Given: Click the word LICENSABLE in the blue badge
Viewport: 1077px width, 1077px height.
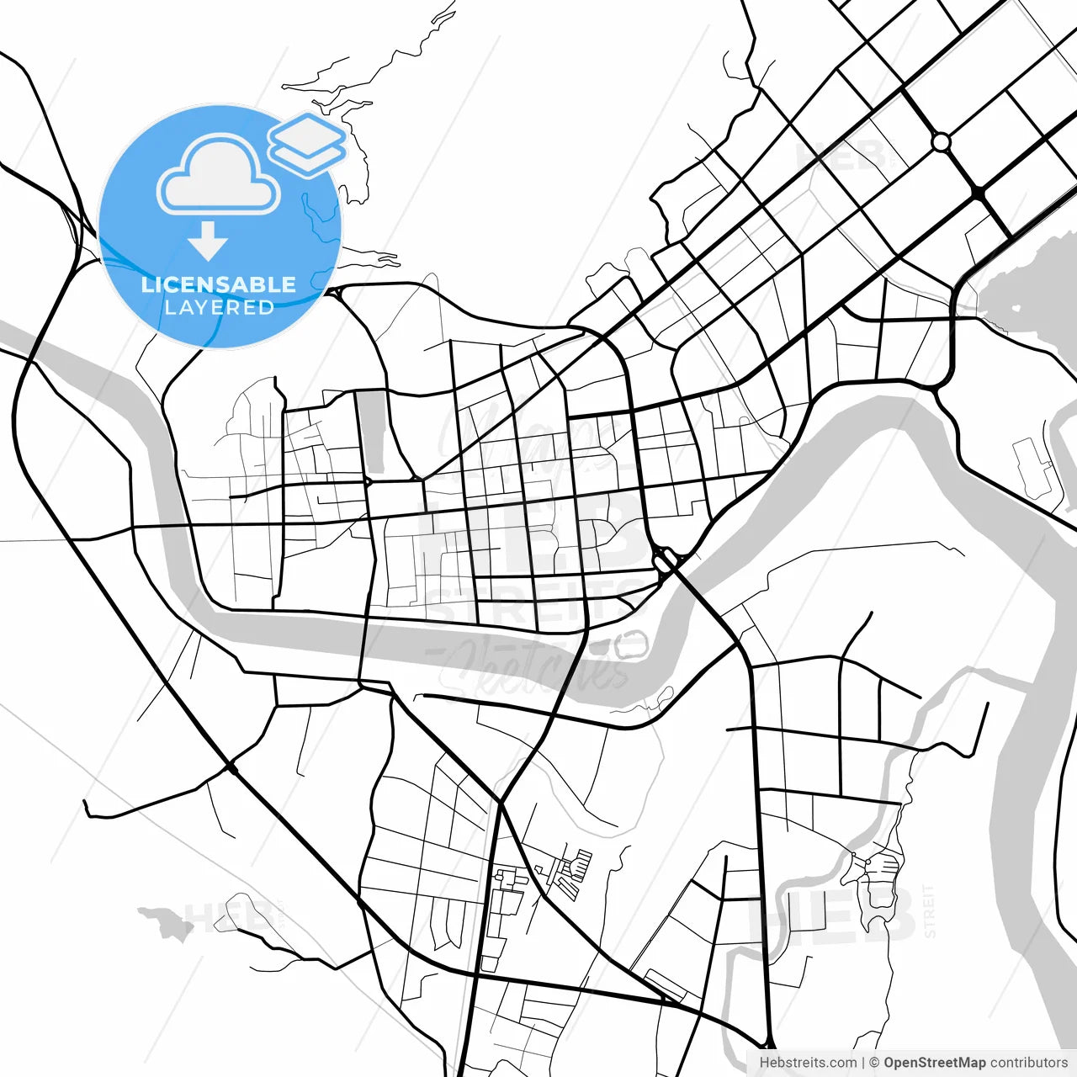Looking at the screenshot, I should tap(219, 284).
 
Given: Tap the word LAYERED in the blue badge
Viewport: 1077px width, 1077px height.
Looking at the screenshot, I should tap(219, 307).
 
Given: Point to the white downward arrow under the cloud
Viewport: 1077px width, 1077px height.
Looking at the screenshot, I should tap(208, 242).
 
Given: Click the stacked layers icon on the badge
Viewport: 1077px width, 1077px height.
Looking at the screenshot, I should tap(307, 144).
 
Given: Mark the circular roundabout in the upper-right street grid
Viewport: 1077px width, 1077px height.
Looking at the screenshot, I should tap(941, 141).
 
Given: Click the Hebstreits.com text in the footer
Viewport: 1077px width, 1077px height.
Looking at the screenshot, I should tap(808, 1063).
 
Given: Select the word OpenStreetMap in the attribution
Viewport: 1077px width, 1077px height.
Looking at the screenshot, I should tap(934, 1063).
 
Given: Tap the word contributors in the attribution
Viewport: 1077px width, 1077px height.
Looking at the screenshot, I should tap(1028, 1063).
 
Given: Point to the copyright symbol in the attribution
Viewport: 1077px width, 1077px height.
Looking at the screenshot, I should tap(874, 1063).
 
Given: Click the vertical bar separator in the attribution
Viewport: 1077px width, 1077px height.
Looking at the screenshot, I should tap(863, 1063).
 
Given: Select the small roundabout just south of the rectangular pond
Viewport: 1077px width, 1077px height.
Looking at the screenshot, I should tap(368, 481).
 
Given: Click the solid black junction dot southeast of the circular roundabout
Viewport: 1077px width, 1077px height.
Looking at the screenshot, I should tap(979, 194).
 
